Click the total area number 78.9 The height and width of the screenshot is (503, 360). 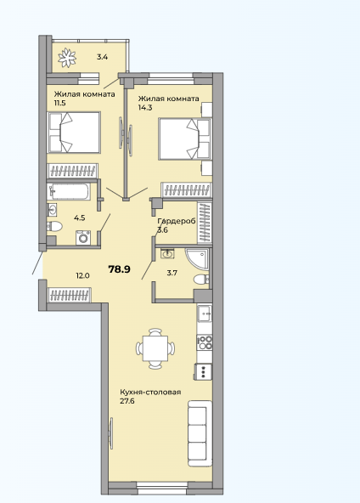click(x=119, y=269)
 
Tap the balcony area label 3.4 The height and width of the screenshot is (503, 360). click(x=102, y=58)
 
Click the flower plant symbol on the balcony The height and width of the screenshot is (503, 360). click(x=67, y=58)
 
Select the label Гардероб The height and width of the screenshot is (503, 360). click(x=177, y=222)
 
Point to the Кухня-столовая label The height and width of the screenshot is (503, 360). click(x=150, y=393)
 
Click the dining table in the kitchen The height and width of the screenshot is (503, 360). click(x=155, y=348)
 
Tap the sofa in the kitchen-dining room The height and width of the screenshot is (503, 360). click(x=200, y=433)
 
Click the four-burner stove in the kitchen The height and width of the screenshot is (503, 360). click(x=205, y=342)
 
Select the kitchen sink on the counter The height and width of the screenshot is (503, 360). click(x=205, y=314)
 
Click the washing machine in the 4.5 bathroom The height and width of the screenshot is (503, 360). click(x=83, y=238)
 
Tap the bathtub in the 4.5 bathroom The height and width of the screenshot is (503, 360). click(x=68, y=191)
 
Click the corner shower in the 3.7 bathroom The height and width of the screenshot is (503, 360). click(x=198, y=260)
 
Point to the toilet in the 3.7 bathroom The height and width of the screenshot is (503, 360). click(x=201, y=280)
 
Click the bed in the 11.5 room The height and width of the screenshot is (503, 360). click(x=74, y=133)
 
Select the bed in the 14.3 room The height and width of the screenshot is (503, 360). click(x=185, y=138)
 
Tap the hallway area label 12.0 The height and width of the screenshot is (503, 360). click(x=82, y=275)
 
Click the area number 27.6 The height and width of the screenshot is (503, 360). click(x=127, y=401)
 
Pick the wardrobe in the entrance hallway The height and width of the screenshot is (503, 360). click(x=70, y=295)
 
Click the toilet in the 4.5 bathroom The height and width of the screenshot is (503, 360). click(x=54, y=226)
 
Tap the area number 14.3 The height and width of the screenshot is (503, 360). click(x=145, y=107)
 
